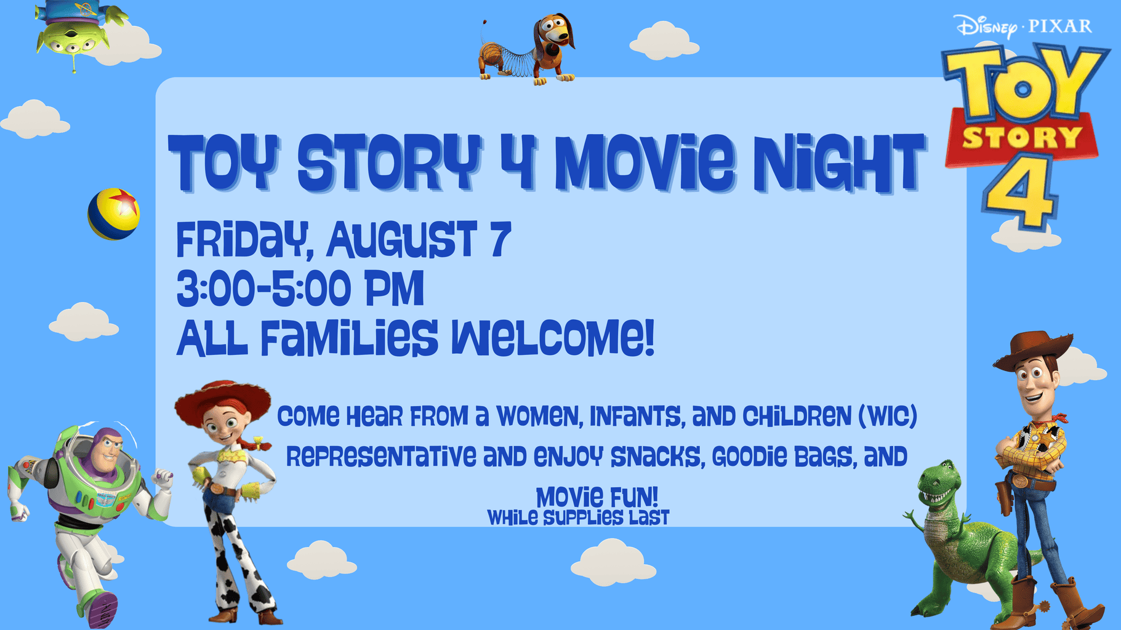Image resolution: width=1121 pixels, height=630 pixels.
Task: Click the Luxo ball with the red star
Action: [x=114, y=213]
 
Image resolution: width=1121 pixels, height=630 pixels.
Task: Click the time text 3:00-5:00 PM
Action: [x=300, y=288]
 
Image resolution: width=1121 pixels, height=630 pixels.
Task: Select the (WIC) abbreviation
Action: [x=887, y=417]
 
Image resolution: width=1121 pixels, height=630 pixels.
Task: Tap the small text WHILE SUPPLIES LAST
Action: [x=578, y=518]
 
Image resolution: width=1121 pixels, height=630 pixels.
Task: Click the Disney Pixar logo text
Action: [x=1024, y=26]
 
